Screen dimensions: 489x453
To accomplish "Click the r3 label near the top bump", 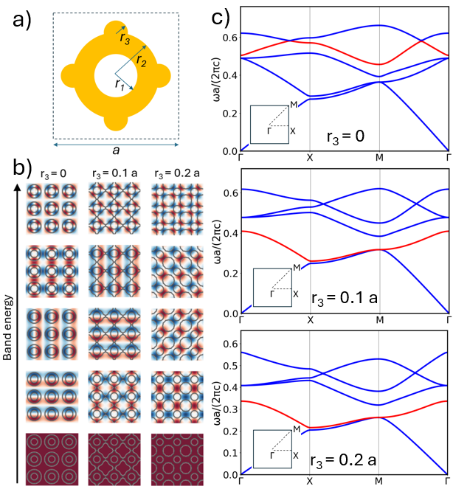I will coord(126,40).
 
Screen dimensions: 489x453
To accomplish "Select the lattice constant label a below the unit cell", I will coord(114,150).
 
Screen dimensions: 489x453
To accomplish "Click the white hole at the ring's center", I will coord(115,76).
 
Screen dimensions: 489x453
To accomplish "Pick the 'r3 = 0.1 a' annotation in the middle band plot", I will coord(344,297).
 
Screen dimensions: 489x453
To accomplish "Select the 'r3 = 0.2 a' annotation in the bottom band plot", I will coord(345,460).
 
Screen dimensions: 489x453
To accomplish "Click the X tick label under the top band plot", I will coord(310,159).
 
